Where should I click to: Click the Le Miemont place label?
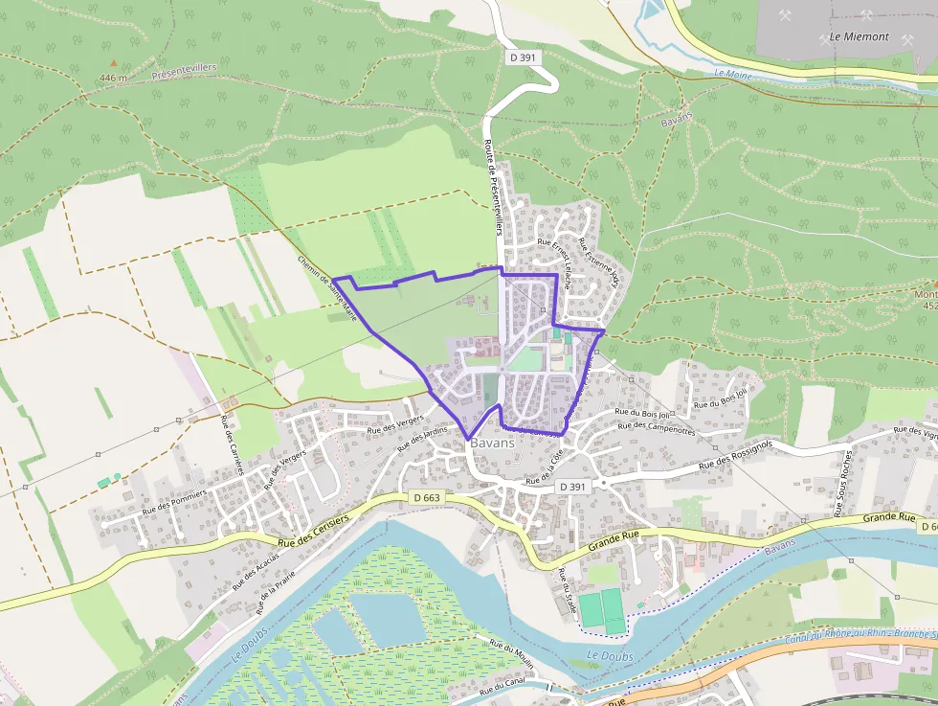[859, 37]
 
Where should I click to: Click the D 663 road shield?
[428, 497]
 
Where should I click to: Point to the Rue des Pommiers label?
[174, 500]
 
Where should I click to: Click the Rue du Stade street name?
[566, 590]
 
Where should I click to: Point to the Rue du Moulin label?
[510, 656]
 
